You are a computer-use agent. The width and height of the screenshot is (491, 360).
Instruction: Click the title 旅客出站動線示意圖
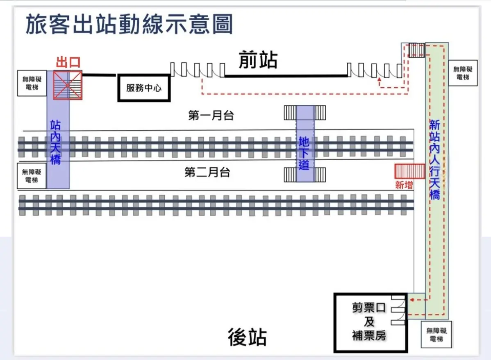(129, 25)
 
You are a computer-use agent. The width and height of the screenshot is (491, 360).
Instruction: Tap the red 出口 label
(68, 63)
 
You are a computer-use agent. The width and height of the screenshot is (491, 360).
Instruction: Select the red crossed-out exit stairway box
(68, 85)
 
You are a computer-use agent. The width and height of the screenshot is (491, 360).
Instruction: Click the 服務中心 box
(144, 88)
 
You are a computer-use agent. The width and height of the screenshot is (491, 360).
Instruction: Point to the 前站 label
(258, 60)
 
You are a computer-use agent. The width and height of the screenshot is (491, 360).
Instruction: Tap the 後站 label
(247, 337)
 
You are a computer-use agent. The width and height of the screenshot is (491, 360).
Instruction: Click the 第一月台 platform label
(211, 115)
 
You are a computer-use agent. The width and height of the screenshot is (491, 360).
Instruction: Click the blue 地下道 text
(304, 153)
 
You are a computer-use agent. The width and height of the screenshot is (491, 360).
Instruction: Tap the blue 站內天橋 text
(56, 142)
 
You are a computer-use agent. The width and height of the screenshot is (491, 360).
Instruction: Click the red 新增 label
(404, 185)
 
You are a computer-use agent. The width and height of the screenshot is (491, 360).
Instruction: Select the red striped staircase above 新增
(409, 171)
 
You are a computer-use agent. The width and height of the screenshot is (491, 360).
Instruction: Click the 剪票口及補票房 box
(370, 322)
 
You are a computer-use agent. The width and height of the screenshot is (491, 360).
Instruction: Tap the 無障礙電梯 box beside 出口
(32, 83)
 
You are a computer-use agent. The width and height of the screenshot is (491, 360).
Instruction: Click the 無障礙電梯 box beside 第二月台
(32, 176)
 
